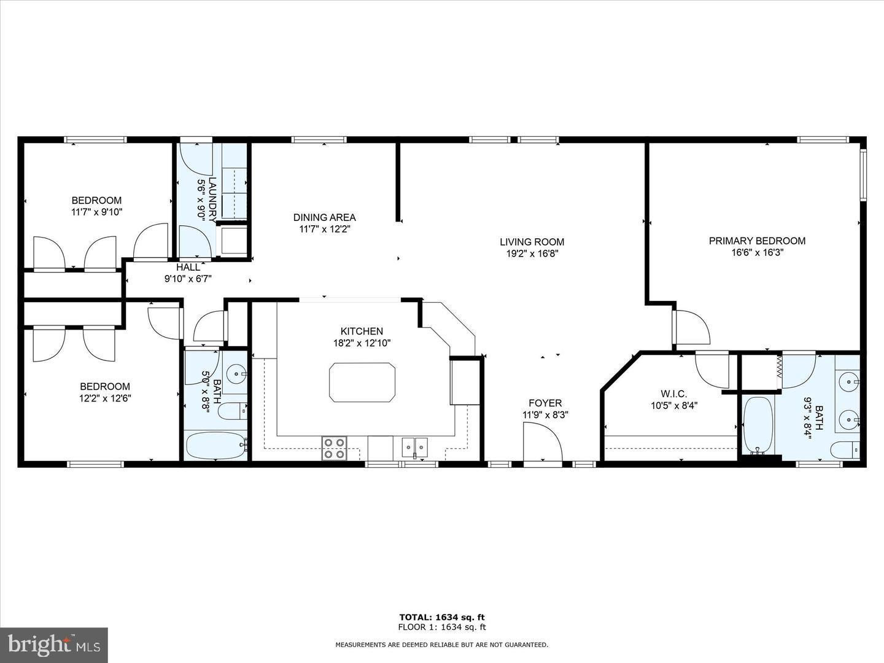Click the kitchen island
362,382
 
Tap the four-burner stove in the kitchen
335,448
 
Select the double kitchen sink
415,448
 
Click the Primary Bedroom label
757,241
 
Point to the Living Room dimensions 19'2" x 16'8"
532,254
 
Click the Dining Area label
325,217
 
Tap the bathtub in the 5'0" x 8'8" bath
216,446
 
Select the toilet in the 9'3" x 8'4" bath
845,449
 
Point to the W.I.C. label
674,394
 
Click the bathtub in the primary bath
758,426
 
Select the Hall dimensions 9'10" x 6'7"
188,279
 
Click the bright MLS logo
54,645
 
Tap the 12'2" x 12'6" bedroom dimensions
106,398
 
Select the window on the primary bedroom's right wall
863,175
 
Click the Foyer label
545,403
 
